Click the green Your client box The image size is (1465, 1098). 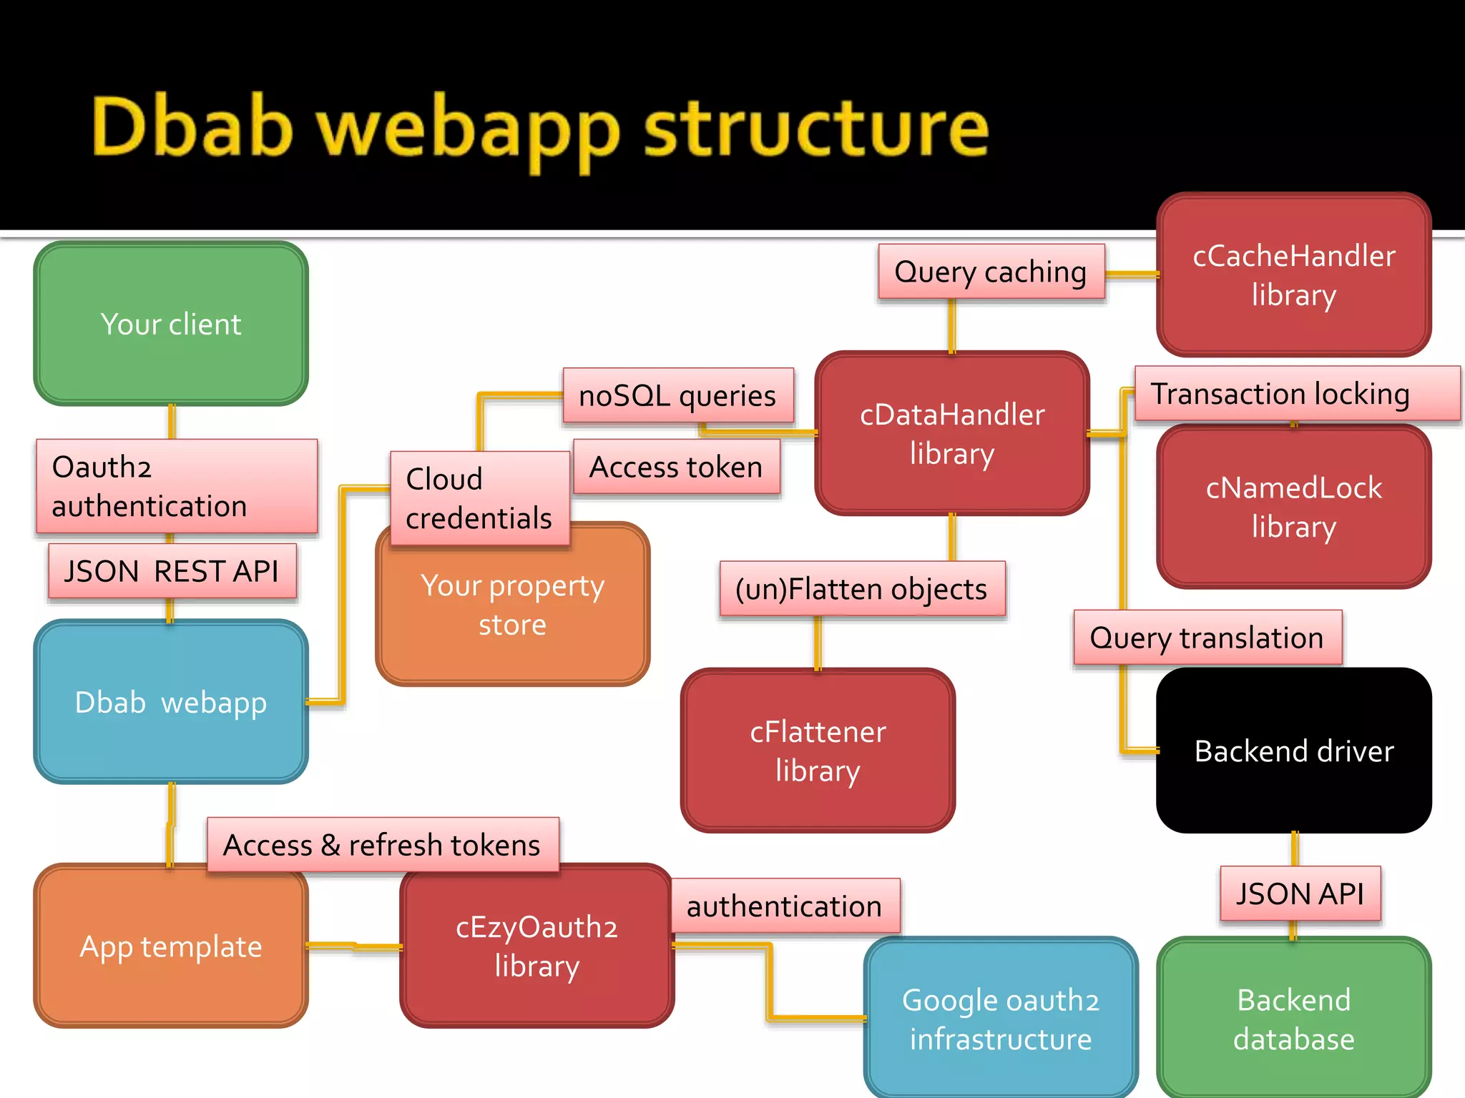[171, 324]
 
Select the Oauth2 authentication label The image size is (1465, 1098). [176, 486]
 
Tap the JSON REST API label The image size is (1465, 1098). [172, 571]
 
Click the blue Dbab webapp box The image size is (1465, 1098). [171, 702]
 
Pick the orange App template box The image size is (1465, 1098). [171, 946]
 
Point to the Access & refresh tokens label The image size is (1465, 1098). [382, 845]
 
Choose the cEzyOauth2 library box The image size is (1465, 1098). [536, 946]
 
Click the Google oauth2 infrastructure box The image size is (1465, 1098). [1000, 1019]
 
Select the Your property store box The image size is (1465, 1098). [512, 615]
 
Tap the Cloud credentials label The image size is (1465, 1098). [479, 498]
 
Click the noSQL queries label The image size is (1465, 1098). [677, 395]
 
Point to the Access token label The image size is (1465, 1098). [676, 467]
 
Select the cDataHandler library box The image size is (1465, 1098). [951, 433]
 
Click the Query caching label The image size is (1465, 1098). [991, 272]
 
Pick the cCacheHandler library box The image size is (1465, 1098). [1293, 275]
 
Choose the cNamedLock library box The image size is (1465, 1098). [1293, 507]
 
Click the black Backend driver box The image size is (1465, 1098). [1293, 751]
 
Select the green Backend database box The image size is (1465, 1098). [1293, 1019]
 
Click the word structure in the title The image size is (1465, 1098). [815, 129]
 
